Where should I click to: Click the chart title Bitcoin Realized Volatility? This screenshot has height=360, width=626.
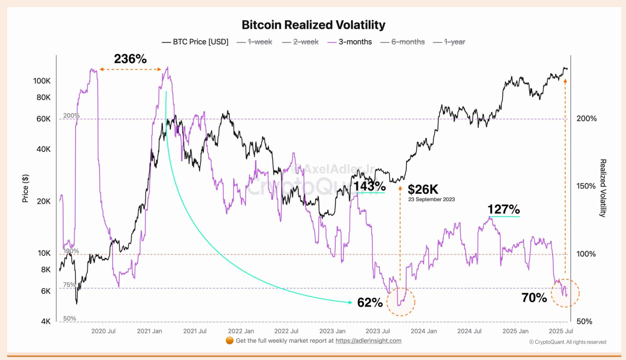click(313, 25)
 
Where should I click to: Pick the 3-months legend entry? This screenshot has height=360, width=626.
click(355, 42)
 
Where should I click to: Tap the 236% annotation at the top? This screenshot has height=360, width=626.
click(130, 59)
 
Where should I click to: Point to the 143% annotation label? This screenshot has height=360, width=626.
click(369, 186)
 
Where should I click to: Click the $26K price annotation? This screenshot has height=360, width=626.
click(423, 189)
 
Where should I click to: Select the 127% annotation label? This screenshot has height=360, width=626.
click(504, 209)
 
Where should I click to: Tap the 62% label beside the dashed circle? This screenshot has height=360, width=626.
click(370, 302)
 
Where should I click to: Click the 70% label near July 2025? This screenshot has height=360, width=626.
click(534, 298)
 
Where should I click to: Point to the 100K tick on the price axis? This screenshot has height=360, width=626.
click(42, 81)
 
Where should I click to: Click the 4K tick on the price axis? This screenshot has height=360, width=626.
click(45, 321)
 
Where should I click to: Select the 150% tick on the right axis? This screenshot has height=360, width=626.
click(586, 186)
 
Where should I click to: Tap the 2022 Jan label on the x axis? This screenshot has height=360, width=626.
click(241, 331)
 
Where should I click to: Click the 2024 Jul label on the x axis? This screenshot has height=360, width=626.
click(469, 331)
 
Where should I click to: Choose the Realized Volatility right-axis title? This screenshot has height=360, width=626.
click(603, 188)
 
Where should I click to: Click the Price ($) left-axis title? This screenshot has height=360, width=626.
click(25, 188)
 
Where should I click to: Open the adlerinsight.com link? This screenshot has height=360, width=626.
click(368, 341)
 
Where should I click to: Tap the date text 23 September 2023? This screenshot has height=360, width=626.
click(431, 199)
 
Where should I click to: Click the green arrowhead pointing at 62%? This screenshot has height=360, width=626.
click(350, 302)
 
